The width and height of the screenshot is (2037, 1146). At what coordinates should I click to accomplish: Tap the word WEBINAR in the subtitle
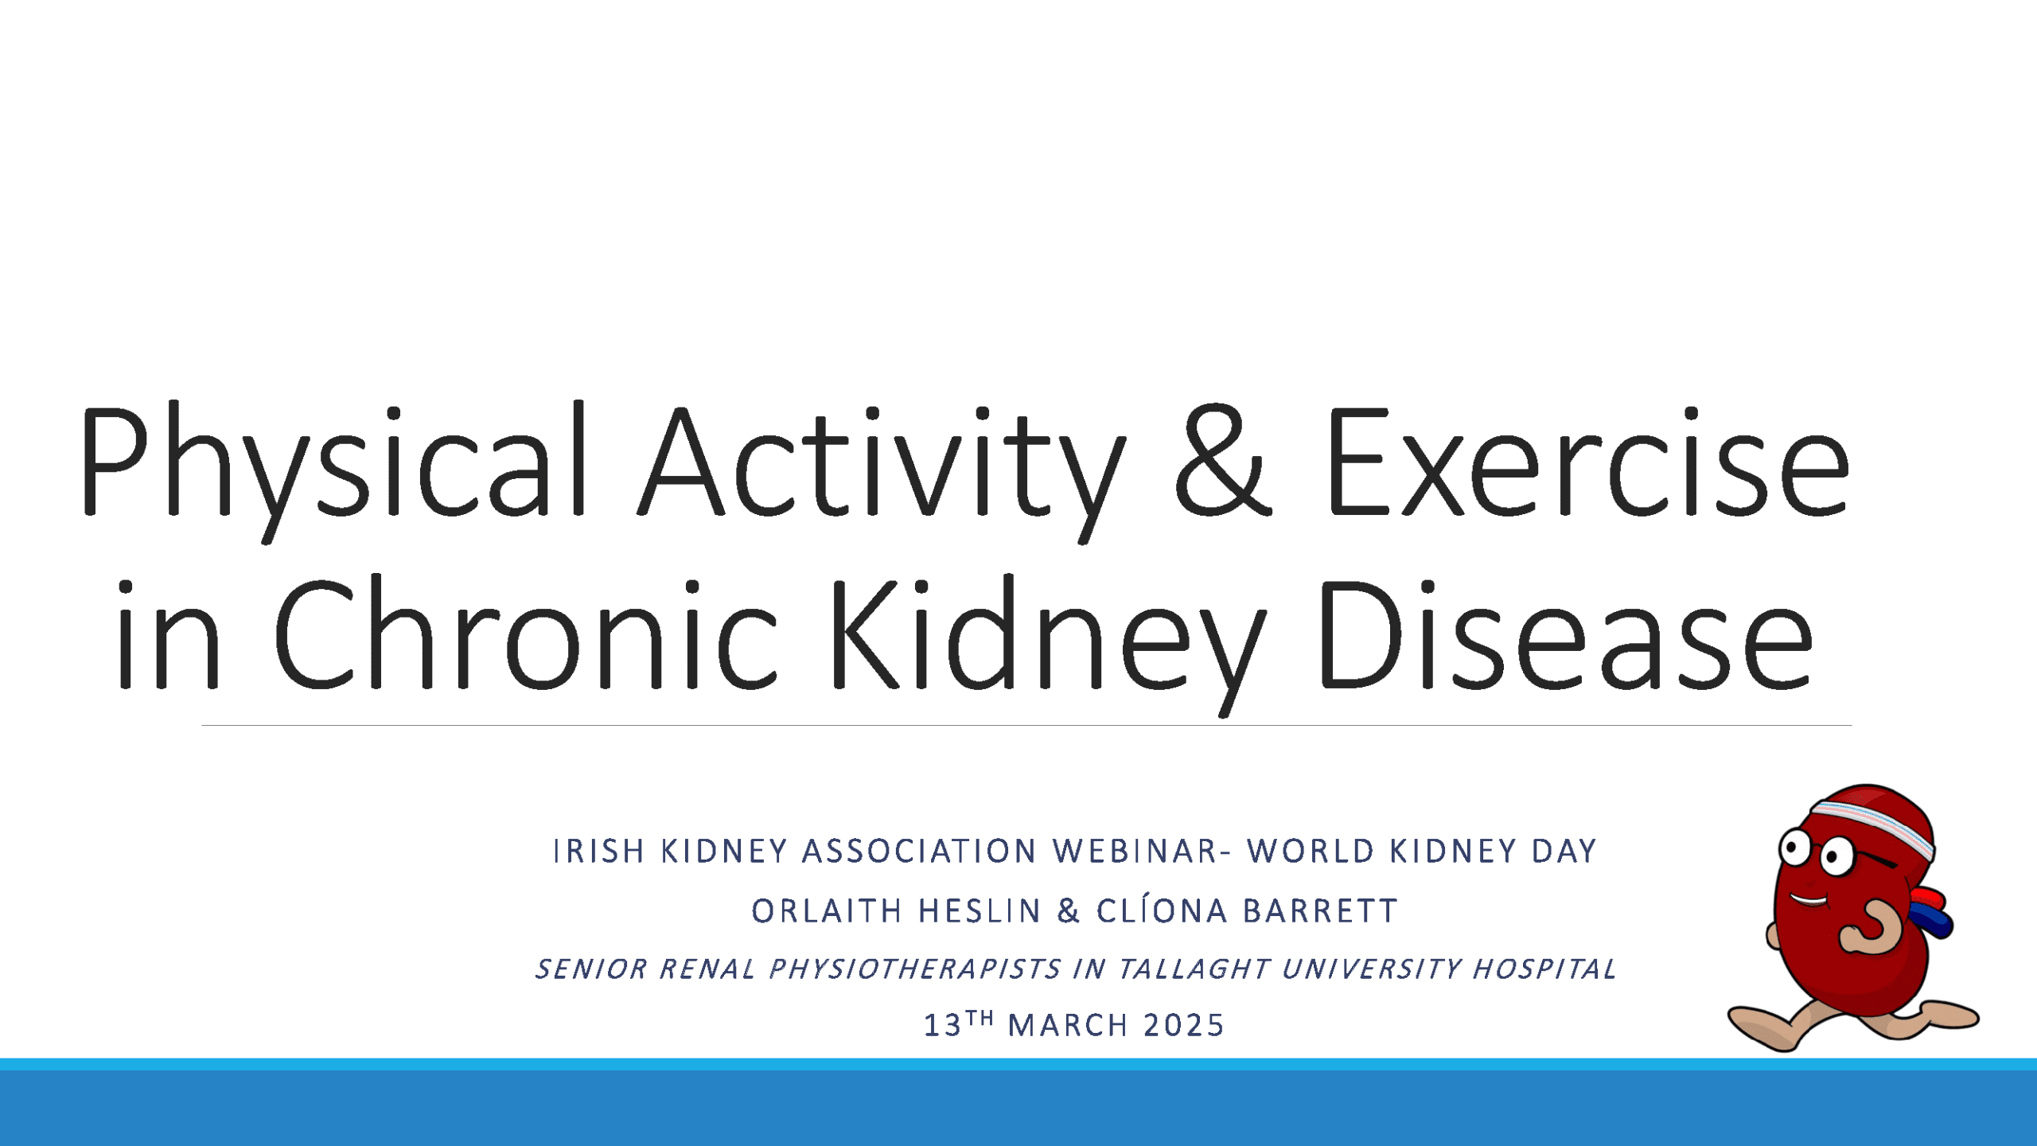click(1135, 852)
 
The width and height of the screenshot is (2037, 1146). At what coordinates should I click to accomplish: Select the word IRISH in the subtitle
click(598, 852)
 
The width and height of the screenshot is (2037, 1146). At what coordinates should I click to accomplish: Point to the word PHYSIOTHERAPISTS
click(915, 969)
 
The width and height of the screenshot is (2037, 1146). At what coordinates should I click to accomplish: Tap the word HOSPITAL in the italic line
click(1544, 969)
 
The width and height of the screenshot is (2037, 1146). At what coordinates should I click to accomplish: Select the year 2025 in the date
click(1183, 1026)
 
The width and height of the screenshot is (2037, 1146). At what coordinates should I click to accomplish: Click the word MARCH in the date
click(1068, 1026)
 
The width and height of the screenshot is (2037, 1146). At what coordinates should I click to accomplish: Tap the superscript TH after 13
click(980, 1018)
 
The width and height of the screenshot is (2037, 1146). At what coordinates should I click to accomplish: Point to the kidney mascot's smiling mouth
click(1808, 901)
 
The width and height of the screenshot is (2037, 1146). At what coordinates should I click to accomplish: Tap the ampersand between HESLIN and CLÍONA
click(1069, 911)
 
